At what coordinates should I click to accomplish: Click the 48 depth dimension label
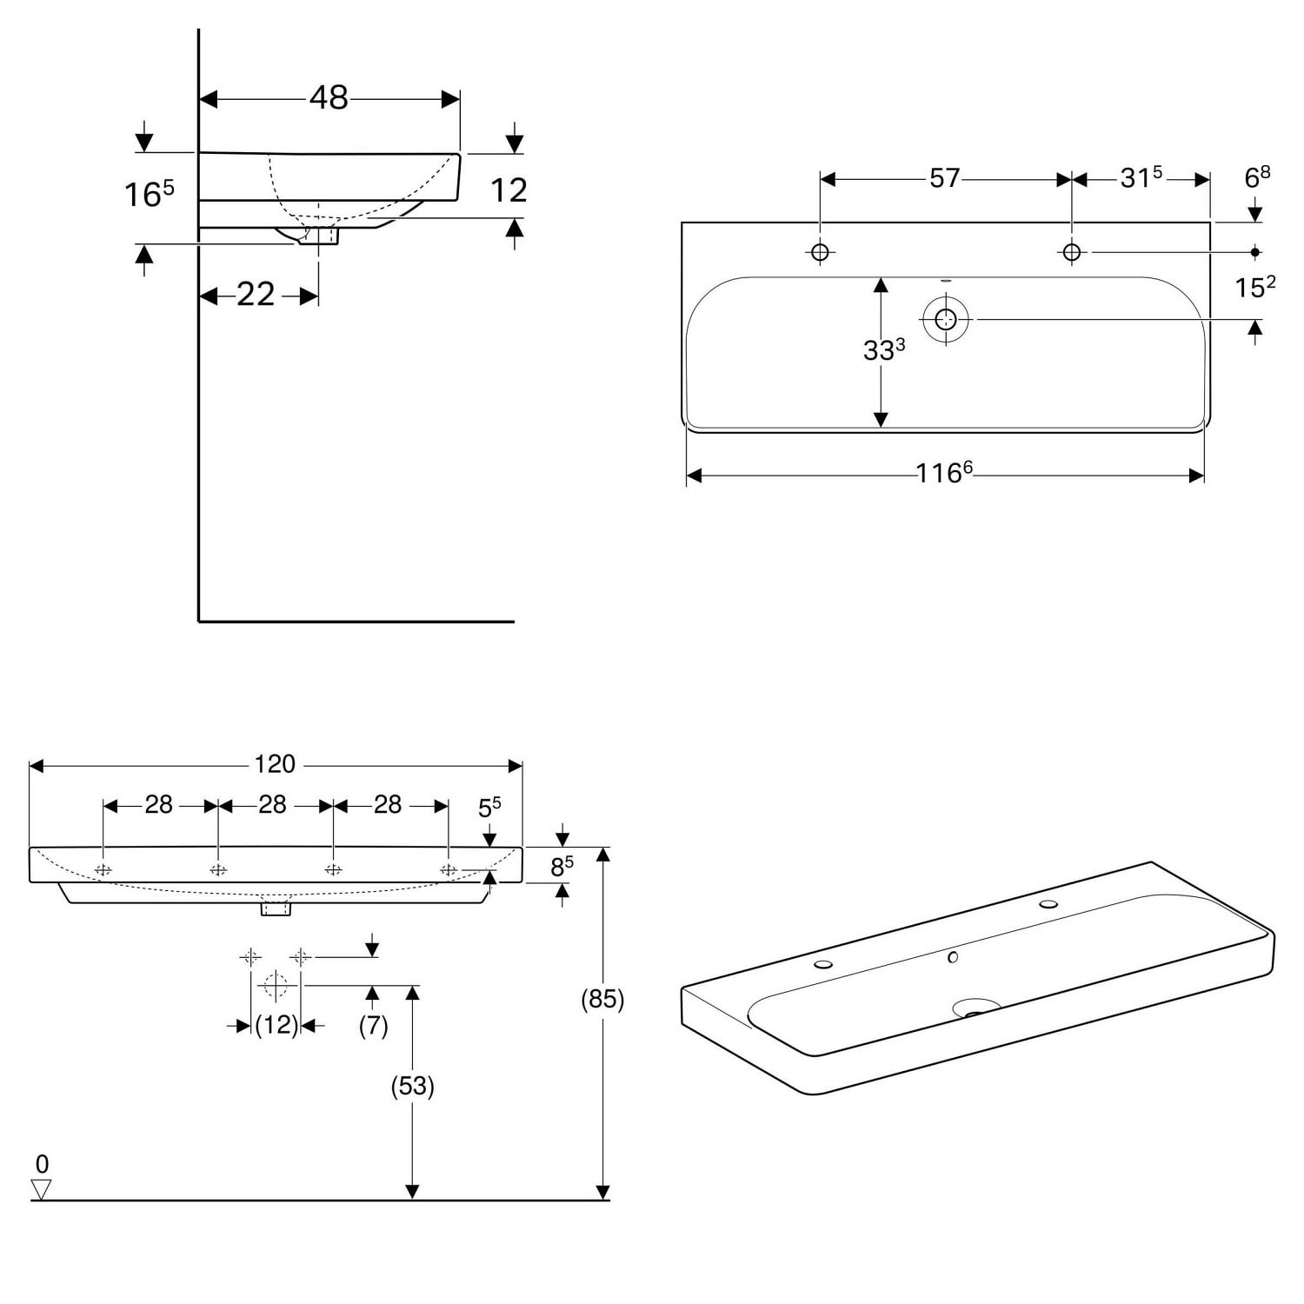(329, 97)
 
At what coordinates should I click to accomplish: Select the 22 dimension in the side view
(256, 295)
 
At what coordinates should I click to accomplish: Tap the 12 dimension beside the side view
(509, 190)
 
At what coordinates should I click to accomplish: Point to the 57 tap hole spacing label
(945, 178)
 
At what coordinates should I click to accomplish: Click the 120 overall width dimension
(275, 764)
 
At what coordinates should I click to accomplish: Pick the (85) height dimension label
(602, 1000)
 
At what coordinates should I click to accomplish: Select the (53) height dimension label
(412, 1086)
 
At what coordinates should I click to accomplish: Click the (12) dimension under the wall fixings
(276, 1026)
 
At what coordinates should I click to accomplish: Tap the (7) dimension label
(373, 1026)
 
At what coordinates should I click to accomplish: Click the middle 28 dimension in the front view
(273, 805)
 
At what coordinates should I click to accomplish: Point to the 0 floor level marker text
(42, 1164)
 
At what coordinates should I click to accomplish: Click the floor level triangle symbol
(41, 1189)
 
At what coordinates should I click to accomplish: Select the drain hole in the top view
(946, 320)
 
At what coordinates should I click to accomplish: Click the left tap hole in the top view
(820, 252)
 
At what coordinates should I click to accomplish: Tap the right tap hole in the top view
(1072, 252)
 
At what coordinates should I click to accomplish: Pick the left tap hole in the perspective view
(823, 964)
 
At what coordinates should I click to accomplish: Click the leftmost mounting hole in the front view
(103, 870)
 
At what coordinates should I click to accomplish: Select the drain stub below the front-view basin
(276, 908)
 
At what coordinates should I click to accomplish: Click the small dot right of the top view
(1255, 252)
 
